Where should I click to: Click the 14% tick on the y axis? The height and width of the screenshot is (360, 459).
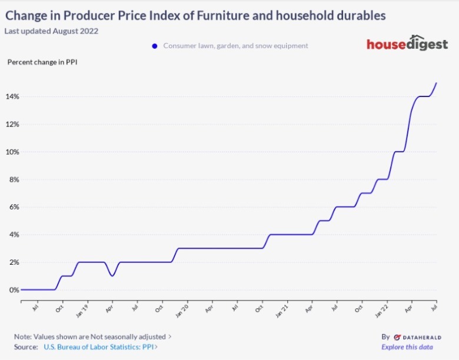pyautogui.click(x=12, y=96)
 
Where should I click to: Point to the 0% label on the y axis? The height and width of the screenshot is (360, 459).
pyautogui.click(x=12, y=290)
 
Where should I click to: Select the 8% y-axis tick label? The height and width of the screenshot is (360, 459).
pyautogui.click(x=12, y=179)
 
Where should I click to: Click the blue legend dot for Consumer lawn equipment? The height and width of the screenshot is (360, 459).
pyautogui.click(x=155, y=46)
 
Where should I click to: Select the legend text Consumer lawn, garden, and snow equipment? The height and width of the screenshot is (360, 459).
pyautogui.click(x=235, y=46)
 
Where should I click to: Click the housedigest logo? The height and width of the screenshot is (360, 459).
pyautogui.click(x=407, y=44)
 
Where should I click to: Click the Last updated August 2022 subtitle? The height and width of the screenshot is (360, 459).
pyautogui.click(x=51, y=31)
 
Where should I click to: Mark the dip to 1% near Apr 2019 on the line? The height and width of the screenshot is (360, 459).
pyautogui.click(x=112, y=275)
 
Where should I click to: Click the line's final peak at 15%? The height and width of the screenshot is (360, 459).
pyautogui.click(x=436, y=83)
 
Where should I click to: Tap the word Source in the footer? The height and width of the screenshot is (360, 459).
pyautogui.click(x=26, y=347)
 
